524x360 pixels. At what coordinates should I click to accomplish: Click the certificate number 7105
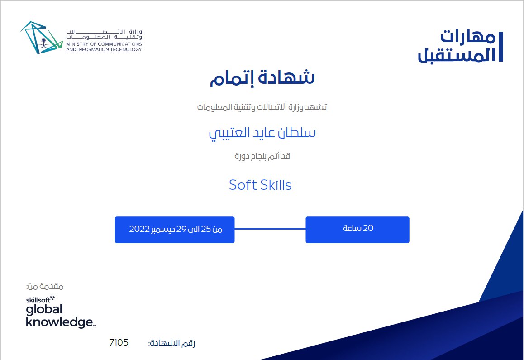coord(119,342)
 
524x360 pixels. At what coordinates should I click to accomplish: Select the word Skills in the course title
coord(276,185)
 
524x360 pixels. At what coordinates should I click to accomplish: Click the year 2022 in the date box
coord(139,229)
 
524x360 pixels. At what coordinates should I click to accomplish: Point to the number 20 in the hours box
coord(368,228)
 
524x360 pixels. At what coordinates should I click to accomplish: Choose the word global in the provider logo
coord(44,309)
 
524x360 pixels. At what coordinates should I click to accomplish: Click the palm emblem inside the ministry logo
coord(43,43)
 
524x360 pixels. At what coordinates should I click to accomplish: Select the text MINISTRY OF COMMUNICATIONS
coord(104,44)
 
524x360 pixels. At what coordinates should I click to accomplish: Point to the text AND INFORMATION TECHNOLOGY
coord(104,49)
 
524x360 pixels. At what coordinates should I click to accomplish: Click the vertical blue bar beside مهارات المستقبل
coord(500,47)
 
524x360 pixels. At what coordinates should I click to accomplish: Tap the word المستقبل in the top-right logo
coord(457,55)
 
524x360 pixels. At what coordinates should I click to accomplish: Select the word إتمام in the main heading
coord(231,78)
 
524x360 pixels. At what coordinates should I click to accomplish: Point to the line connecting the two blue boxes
coord(270,229)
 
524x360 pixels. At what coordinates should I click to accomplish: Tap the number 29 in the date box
coord(181,229)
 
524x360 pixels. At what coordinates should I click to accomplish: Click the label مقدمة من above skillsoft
coord(45,286)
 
